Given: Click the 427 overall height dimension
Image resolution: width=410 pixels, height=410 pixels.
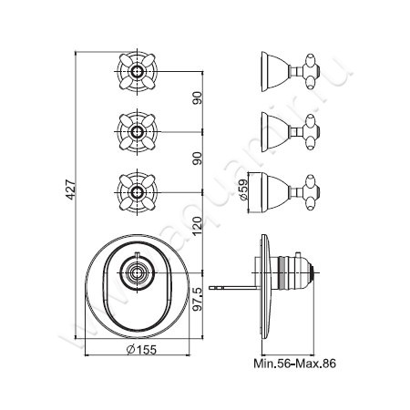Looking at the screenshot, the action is [x=71, y=190].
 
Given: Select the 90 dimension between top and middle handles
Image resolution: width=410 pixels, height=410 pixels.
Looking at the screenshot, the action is [x=198, y=97].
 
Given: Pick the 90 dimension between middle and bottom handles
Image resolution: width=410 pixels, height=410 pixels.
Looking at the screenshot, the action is [x=198, y=159].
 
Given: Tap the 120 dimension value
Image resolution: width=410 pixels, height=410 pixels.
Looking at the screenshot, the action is [x=198, y=227].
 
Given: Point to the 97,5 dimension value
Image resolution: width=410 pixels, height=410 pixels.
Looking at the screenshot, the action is [x=198, y=299].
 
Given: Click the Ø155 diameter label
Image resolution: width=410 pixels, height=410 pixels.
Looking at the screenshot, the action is [x=141, y=350].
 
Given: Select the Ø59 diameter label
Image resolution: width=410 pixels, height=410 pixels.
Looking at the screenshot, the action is [x=244, y=190].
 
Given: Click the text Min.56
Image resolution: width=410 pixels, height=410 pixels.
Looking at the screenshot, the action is [x=272, y=364].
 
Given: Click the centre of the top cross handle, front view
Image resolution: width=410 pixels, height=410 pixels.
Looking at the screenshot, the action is [x=138, y=72].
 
